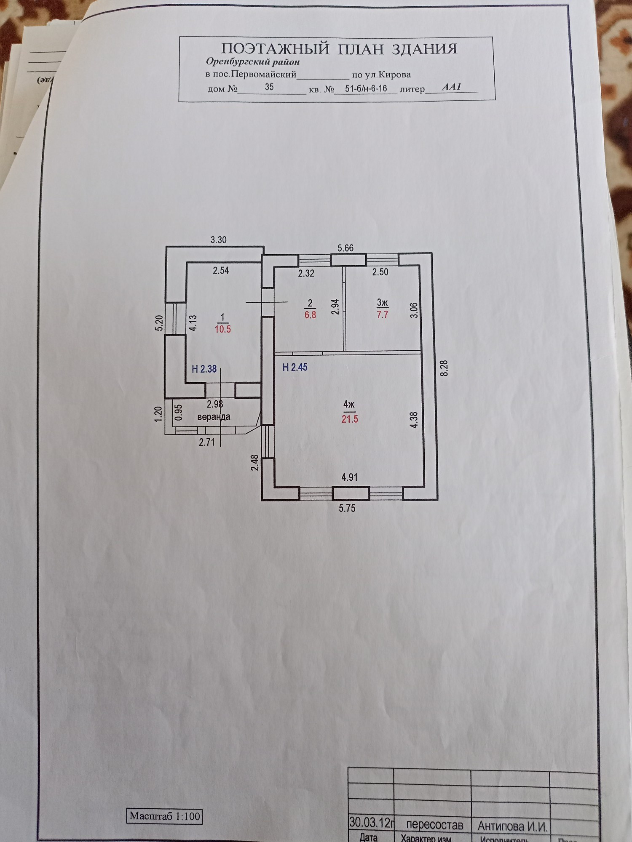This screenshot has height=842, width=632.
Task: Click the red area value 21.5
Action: coord(350,419)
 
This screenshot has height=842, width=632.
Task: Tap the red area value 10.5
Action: coord(223,329)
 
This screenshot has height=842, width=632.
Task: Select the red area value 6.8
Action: coord(311,314)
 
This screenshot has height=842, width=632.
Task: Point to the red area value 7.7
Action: coord(383,314)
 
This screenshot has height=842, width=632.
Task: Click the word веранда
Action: coord(214,417)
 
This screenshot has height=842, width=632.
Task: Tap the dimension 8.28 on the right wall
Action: coord(444,368)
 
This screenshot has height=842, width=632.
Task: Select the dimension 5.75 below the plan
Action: coord(347,508)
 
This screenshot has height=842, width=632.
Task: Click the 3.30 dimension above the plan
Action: coord(218,240)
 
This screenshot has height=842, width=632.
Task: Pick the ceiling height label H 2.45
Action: coord(295,367)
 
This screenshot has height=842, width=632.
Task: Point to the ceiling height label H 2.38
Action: coord(204,369)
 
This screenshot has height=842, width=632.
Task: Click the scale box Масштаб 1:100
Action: coord(165,816)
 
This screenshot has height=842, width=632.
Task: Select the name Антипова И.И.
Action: coord(512,826)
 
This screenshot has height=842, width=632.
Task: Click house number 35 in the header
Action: coord(269,87)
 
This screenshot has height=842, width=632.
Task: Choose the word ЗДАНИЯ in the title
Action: coord(424,49)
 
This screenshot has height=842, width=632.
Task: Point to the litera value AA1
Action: coord(451,87)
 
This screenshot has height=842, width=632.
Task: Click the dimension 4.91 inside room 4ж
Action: coord(349,477)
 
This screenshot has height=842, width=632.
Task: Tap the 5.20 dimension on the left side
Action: coord(159,323)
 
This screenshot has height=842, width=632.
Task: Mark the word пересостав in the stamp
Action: coord(434,825)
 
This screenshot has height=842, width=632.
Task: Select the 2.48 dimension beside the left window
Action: coord(254,462)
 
